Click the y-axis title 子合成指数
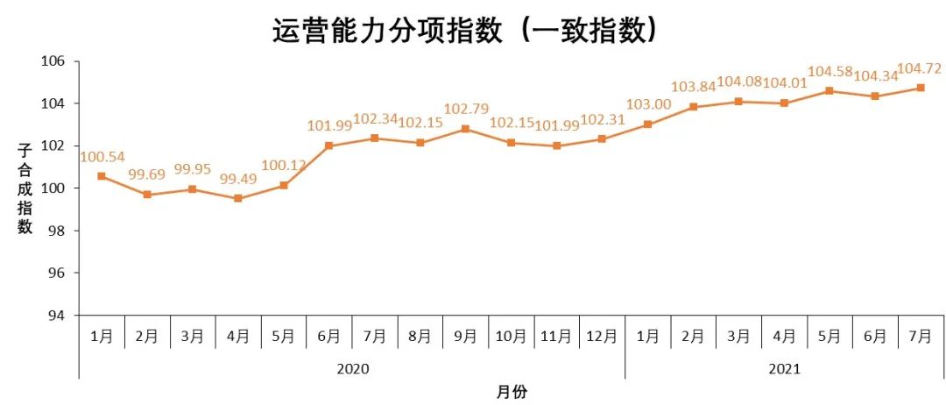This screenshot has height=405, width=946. point(25,188)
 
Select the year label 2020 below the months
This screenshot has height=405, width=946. point(352,369)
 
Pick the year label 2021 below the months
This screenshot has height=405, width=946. point(784,369)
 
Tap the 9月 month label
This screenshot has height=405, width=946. point(465,336)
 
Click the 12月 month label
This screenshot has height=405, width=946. point(602,336)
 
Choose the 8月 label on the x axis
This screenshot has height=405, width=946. point(420,336)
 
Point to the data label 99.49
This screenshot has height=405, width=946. point(238,180)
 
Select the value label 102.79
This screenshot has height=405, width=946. point(465,110)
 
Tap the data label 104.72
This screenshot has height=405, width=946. point(918,69)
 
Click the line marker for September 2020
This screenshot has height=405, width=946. point(465,129)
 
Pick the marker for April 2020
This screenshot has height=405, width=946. point(238,198)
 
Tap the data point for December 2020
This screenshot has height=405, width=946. point(602,139)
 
